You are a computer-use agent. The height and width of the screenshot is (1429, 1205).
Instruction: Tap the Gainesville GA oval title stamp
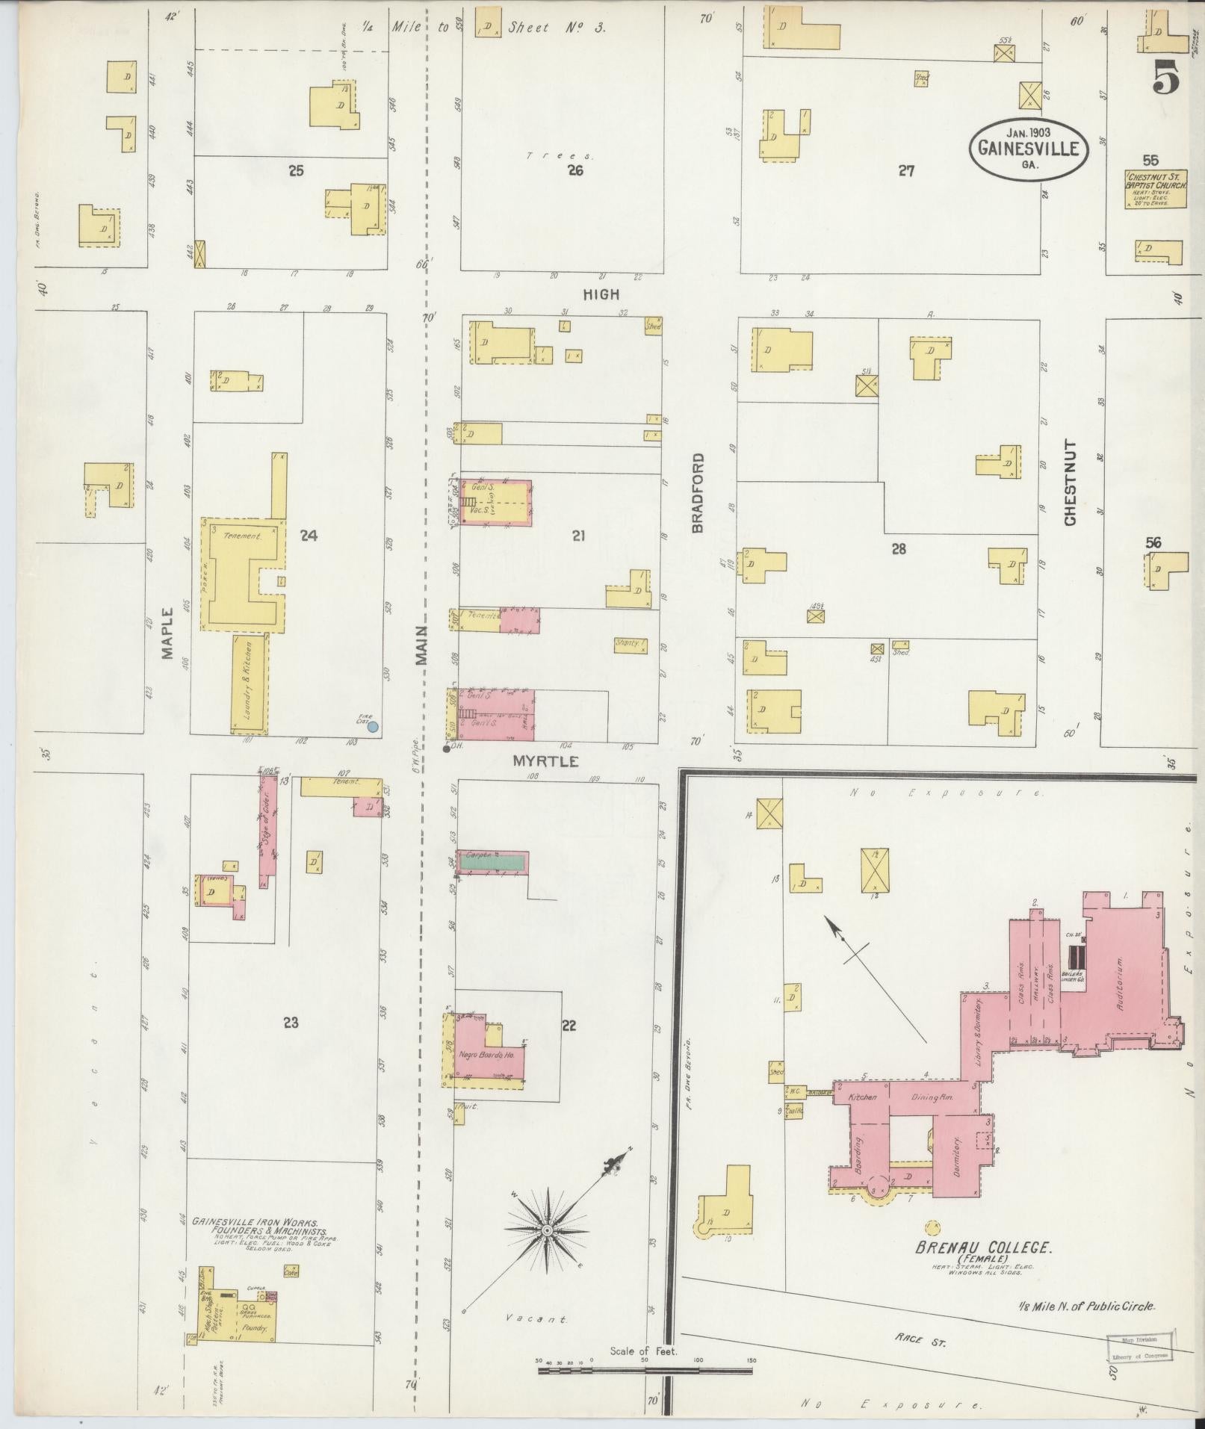click(x=1028, y=149)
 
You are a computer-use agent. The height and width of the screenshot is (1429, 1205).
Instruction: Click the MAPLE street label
click(x=167, y=632)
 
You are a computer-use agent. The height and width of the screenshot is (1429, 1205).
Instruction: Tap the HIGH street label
click(x=601, y=294)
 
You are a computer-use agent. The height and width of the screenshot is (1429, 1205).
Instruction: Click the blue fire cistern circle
click(x=373, y=725)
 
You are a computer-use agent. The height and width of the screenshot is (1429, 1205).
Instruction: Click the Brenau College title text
click(x=984, y=1247)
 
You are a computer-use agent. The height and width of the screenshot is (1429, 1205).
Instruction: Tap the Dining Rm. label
click(x=929, y=1098)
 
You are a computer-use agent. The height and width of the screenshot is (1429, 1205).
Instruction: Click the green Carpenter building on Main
click(x=493, y=861)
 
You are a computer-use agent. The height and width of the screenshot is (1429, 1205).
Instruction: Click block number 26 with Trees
click(x=574, y=170)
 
